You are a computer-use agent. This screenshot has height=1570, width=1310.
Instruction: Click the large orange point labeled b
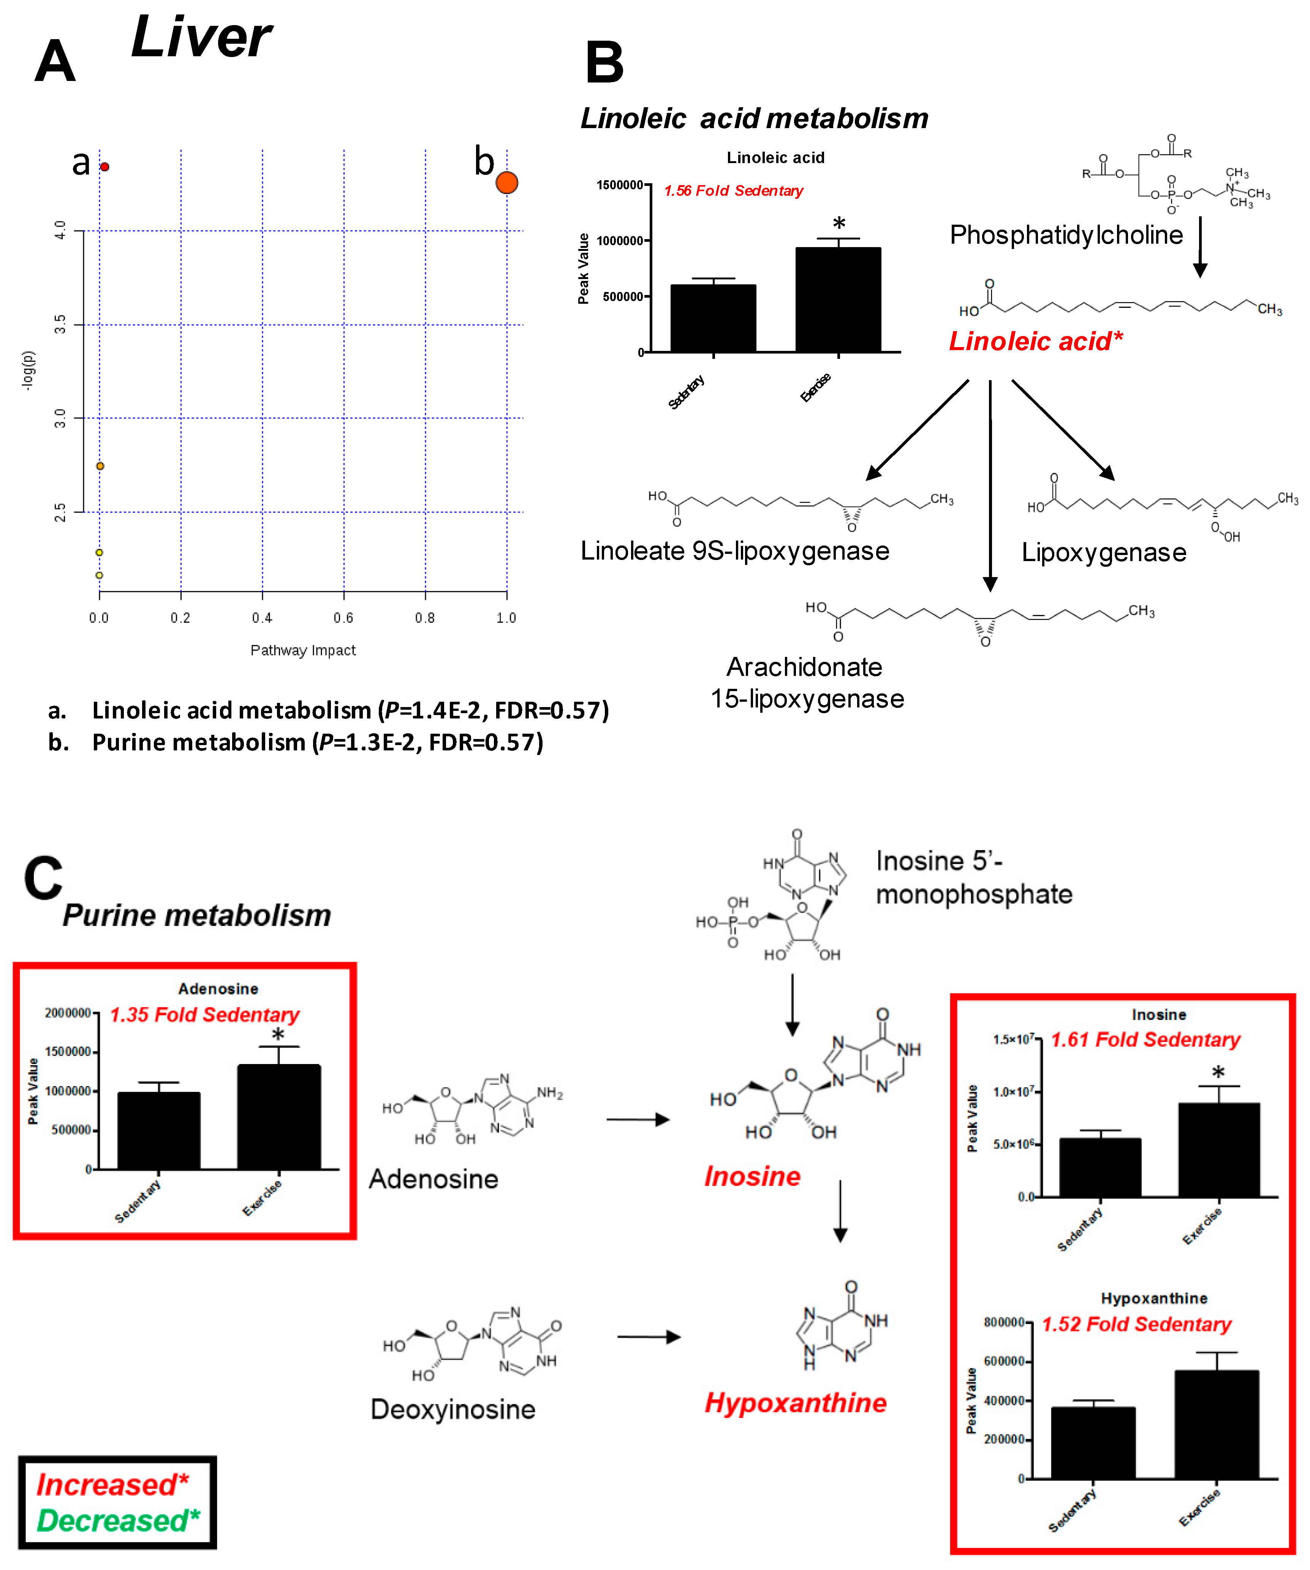pyautogui.click(x=507, y=182)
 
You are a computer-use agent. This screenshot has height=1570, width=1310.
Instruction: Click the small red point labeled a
pyautogui.click(x=104, y=167)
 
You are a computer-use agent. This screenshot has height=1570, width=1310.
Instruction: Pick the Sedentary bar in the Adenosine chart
pyautogui.click(x=158, y=1131)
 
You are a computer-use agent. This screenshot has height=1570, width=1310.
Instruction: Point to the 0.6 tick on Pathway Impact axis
pyautogui.click(x=344, y=617)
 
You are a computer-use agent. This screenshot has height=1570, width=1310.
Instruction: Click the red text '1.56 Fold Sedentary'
pyautogui.click(x=733, y=191)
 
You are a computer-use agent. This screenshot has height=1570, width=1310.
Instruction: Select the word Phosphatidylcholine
pyautogui.click(x=1066, y=235)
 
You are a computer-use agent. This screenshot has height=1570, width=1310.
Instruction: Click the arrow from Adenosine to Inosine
pyautogui.click(x=638, y=1119)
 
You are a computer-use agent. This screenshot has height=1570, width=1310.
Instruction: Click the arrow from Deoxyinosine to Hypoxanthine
pyautogui.click(x=648, y=1337)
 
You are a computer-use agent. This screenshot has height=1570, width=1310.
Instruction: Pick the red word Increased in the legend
pyautogui.click(x=106, y=1484)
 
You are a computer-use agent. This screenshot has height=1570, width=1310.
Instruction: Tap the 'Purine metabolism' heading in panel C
pyautogui.click(x=196, y=915)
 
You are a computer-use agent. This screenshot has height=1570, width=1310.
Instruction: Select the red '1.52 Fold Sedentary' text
pyautogui.click(x=1136, y=1324)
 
